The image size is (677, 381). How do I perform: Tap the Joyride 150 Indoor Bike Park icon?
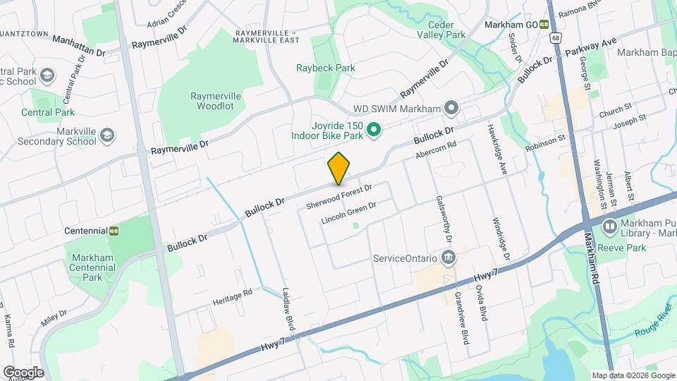tap(375, 129)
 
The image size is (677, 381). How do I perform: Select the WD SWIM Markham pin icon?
tap(452, 109)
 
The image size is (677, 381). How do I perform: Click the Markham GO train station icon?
tap(544, 24)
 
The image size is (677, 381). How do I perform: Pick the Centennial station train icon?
tap(113, 231)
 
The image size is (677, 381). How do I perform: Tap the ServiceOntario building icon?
tap(448, 258)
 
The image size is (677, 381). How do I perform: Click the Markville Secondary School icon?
tap(107, 135)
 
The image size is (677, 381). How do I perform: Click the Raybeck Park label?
tap(324, 68)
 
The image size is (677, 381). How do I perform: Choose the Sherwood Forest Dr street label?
tap(338, 196)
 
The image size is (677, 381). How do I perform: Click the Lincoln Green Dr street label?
tap(348, 212)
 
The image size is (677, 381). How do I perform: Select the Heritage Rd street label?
tap(232, 297)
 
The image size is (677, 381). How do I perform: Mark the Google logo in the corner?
tap(23, 372)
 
